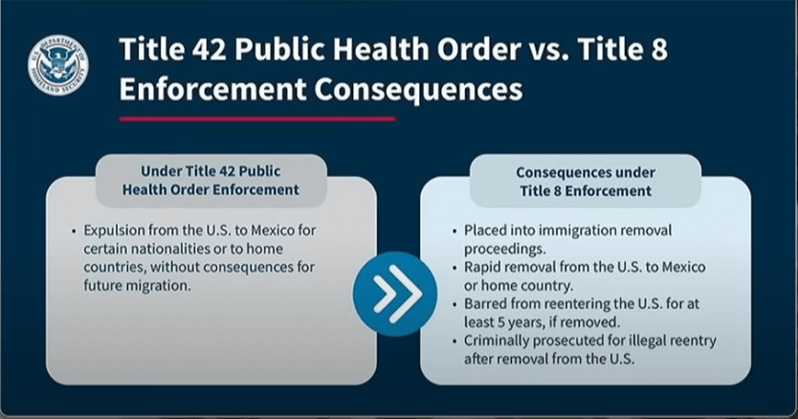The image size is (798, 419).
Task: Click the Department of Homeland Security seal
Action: pyautogui.click(x=58, y=65)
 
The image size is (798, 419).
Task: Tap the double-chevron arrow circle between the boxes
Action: pyautogui.click(x=395, y=294)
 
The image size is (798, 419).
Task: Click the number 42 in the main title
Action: pyautogui.click(x=210, y=50)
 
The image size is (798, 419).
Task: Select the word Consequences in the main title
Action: pyautogui.click(x=418, y=90)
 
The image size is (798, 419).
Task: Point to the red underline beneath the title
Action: pyautogui.click(x=257, y=120)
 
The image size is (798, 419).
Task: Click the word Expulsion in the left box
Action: pyautogui.click(x=115, y=231)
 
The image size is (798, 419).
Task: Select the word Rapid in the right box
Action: pyautogui.click(x=481, y=267)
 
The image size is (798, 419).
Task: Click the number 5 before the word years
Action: pyautogui.click(x=501, y=322)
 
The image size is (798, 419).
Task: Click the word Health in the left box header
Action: pyautogui.click(x=142, y=190)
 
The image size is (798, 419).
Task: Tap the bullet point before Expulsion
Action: pyautogui.click(x=74, y=232)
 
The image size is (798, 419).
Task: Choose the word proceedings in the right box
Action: pyautogui.click(x=504, y=250)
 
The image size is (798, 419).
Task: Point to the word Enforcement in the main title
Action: pyautogui.click(x=212, y=90)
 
